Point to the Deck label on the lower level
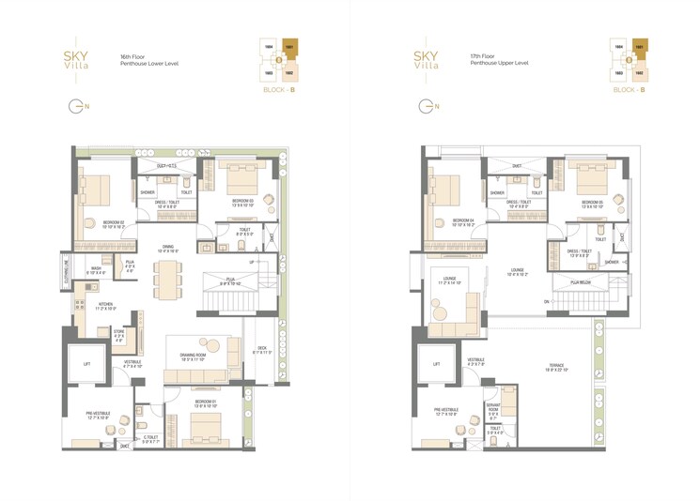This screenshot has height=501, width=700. point(261,350)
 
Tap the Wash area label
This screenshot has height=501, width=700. point(96,270)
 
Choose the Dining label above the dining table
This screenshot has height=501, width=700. point(168,250)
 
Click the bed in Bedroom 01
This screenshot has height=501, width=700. point(200,431)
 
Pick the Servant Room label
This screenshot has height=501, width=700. point(493,409)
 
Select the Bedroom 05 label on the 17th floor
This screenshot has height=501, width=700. point(592,205)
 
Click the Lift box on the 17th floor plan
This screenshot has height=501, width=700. point(437,364)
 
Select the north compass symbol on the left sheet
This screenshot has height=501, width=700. point(76,106)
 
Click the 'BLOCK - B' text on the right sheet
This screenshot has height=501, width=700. point(630,88)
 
